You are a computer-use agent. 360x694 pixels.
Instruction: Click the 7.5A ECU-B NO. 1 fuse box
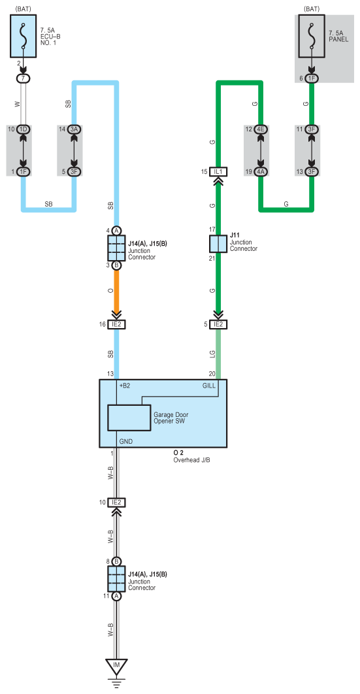[x=23, y=36]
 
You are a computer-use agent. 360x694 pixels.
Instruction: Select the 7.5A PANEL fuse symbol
[x=312, y=36]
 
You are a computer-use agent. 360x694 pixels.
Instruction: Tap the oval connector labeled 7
[x=23, y=78]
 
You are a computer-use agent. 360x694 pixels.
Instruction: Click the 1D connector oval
[x=23, y=129]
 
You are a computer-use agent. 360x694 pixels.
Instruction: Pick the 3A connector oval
[x=74, y=129]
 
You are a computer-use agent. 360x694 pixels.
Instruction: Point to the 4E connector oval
[x=261, y=129]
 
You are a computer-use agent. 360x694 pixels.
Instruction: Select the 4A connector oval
[x=261, y=171]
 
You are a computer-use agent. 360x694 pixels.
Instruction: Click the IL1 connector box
[x=218, y=171]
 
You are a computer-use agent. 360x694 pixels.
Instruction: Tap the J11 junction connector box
[x=218, y=244]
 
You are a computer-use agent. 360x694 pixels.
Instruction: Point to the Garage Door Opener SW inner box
[x=129, y=418]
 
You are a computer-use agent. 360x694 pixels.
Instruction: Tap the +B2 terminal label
[x=125, y=386]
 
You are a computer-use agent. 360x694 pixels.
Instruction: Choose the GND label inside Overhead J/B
[x=125, y=441]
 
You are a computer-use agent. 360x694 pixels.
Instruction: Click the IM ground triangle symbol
[x=116, y=666]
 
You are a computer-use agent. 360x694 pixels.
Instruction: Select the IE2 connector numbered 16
[x=117, y=324]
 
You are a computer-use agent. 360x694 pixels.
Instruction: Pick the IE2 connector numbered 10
[x=117, y=503]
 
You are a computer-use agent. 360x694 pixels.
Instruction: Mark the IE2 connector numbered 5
[x=218, y=324]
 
